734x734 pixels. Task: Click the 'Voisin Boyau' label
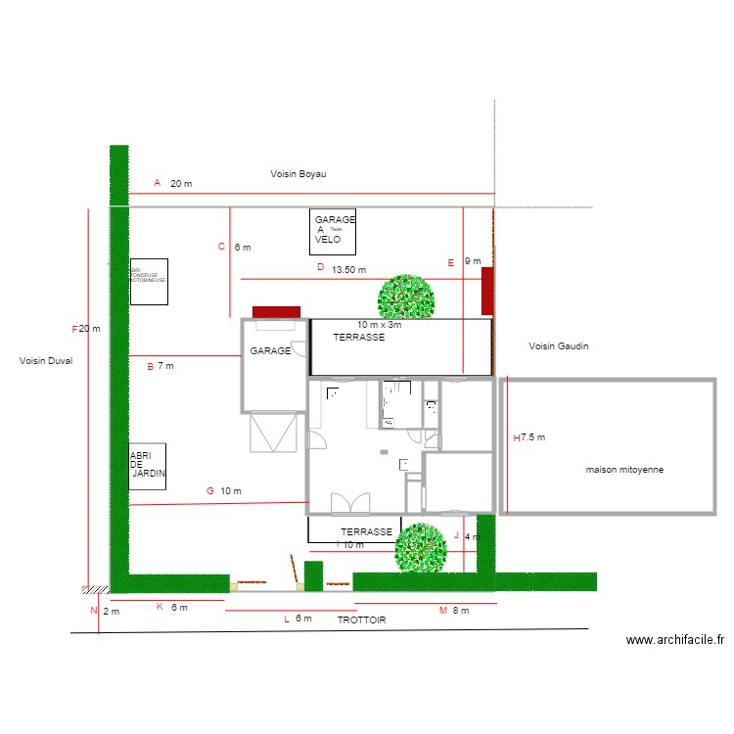[298, 174]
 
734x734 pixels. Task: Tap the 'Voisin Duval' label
[46, 361]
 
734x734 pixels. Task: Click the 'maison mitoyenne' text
[624, 470]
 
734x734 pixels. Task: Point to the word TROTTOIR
[362, 620]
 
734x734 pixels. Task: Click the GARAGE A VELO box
[333, 232]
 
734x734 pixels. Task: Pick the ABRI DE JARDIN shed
[147, 466]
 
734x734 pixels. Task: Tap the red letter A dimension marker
[157, 183]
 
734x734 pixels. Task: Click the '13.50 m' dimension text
[348, 269]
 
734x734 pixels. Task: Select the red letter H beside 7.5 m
[516, 437]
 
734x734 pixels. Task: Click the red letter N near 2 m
[94, 612]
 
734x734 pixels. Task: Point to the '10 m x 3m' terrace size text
[380, 325]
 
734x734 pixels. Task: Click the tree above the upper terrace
[406, 297]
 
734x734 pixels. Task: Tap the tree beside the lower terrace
[421, 548]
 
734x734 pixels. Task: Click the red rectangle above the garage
[276, 312]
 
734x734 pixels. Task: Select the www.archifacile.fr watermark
[675, 640]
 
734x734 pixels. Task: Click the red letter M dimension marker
[442, 611]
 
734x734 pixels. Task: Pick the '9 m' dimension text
[473, 261]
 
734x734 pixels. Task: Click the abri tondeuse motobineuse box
[149, 282]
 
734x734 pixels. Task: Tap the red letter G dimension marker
[209, 490]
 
